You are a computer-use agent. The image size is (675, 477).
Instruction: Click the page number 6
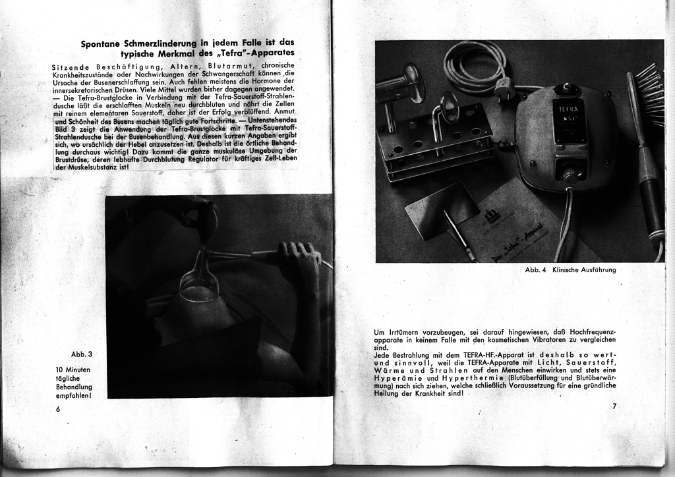(58, 409)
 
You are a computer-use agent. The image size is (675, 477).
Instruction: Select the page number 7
(614, 407)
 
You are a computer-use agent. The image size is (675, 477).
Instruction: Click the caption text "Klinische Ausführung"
(585, 269)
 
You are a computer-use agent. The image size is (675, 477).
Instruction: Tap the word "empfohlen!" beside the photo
(74, 397)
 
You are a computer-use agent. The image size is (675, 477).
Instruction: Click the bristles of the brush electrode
(651, 96)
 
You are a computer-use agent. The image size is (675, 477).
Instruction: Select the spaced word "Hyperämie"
(397, 379)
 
